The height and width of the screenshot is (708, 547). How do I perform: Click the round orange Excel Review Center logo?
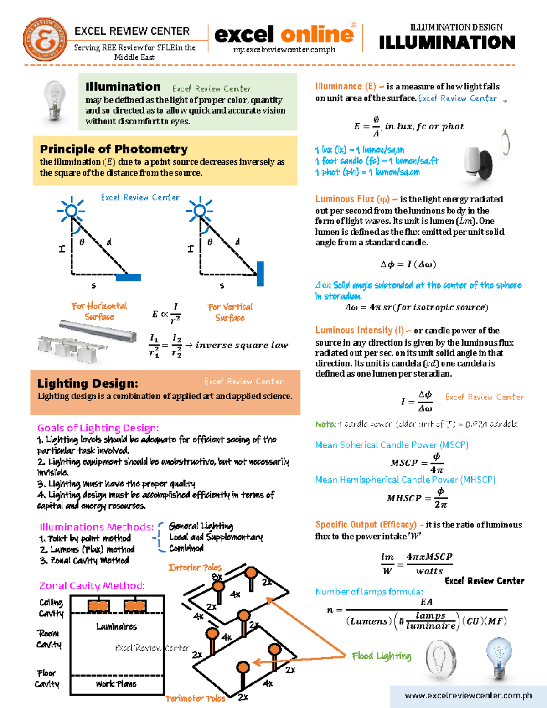pyautogui.click(x=45, y=40)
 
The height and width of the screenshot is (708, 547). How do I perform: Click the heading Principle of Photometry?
pyautogui.click(x=114, y=149)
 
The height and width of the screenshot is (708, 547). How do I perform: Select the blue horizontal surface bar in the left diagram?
pyautogui.click(x=129, y=277)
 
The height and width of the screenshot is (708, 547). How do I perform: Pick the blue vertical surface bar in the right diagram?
pyautogui.click(x=260, y=274)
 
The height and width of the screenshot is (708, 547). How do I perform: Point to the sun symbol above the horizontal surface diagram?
pyautogui.click(x=71, y=210)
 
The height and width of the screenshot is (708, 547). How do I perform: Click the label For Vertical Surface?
pyautogui.click(x=230, y=312)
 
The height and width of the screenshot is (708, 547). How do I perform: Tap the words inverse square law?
pyautogui.click(x=242, y=345)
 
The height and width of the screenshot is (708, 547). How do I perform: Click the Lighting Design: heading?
pyautogui.click(x=88, y=383)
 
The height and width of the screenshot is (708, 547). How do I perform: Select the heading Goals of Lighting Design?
pyautogui.click(x=98, y=428)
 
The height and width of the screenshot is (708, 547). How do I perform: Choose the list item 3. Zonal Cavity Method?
pyautogui.click(x=84, y=560)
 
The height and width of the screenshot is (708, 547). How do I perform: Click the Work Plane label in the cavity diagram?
pyautogui.click(x=116, y=684)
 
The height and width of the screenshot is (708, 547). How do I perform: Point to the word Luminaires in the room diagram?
pyautogui.click(x=116, y=626)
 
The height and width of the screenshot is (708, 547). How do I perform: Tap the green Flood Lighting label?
pyautogui.click(x=381, y=656)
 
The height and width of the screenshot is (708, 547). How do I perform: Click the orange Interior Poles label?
pyautogui.click(x=195, y=567)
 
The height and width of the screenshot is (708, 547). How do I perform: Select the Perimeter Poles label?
pyautogui.click(x=195, y=698)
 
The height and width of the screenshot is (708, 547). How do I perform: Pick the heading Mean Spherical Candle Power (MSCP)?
pyautogui.click(x=392, y=444)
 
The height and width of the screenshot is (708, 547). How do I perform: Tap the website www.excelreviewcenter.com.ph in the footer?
pyautogui.click(x=468, y=695)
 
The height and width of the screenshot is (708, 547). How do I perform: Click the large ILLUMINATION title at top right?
pyautogui.click(x=447, y=42)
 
